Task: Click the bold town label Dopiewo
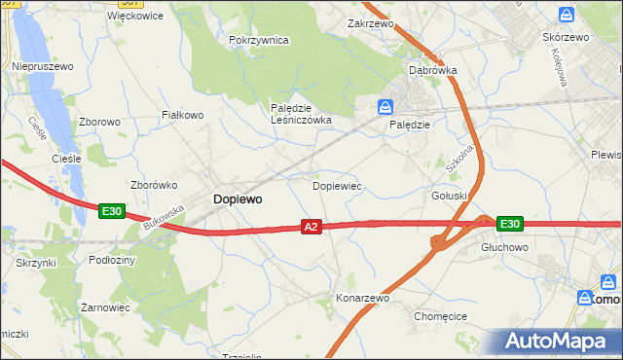click(237, 198)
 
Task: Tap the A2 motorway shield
click(311, 227)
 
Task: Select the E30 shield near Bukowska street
click(111, 210)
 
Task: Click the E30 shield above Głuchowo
click(509, 224)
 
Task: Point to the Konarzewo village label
click(362, 298)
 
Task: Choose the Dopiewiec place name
click(337, 185)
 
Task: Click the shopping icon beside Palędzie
click(386, 106)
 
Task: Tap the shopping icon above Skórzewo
click(567, 15)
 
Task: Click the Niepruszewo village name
click(43, 66)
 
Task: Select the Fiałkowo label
click(182, 115)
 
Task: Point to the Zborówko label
click(151, 184)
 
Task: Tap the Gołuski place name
click(450, 196)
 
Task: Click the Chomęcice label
click(441, 316)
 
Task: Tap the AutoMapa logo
click(559, 341)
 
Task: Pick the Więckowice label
click(135, 17)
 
